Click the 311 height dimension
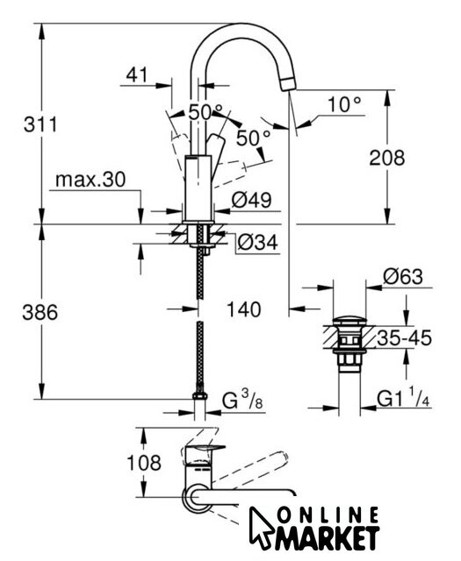pyautogui.click(x=40, y=124)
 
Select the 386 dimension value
pyautogui.click(x=40, y=312)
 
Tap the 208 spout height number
pyautogui.click(x=386, y=158)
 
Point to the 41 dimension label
pyautogui.click(x=137, y=75)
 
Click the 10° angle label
pyautogui.click(x=344, y=104)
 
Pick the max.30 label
pyautogui.click(x=90, y=179)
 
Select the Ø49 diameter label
pyautogui.click(x=251, y=200)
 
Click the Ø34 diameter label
pyautogui.click(x=257, y=243)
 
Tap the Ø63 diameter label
pyautogui.click(x=403, y=277)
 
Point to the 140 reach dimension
pyautogui.click(x=244, y=309)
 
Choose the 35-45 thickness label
pyautogui.click(x=404, y=338)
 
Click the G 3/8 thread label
pyautogui.click(x=242, y=400)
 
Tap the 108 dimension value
pyautogui.click(x=144, y=463)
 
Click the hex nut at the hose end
pyautogui.click(x=200, y=396)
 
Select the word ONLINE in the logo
pyautogui.click(x=328, y=515)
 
